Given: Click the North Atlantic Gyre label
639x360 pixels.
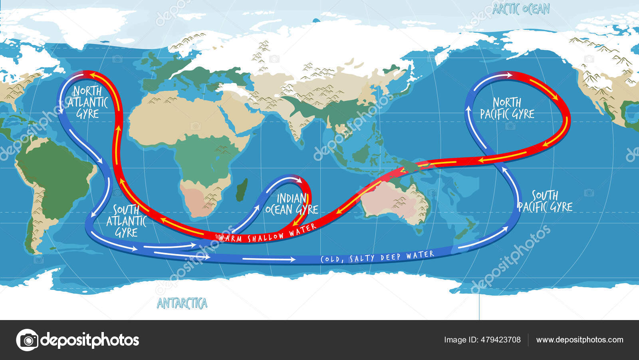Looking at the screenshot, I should [87, 102].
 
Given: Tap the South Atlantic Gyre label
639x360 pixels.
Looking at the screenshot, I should [126, 221].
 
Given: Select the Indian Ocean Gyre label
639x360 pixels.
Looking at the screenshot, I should [292, 204].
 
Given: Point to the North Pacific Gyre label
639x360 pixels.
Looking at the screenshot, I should [507, 108].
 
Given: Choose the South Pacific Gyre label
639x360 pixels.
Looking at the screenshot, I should [545, 201].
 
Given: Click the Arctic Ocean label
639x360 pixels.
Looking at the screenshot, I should [521, 9].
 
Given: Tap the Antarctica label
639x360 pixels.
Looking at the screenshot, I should [182, 304].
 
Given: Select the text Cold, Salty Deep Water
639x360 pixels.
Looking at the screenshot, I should [377, 257].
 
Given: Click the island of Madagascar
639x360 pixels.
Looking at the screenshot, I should [241, 190].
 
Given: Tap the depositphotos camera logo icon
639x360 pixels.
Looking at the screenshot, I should [27, 340].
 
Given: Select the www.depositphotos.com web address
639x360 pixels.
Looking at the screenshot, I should [579, 340].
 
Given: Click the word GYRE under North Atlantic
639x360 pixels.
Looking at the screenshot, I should [87, 114].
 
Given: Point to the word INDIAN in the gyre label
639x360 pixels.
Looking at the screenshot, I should [292, 198].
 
